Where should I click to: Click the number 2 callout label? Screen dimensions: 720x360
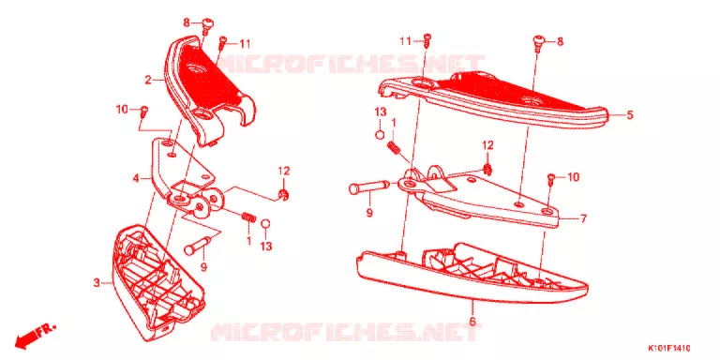pyautogui.click(x=148, y=81)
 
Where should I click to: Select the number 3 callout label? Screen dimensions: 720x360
pyautogui.click(x=97, y=283)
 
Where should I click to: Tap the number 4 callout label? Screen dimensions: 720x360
pyautogui.click(x=136, y=178)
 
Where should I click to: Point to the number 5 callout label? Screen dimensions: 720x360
pyautogui.click(x=630, y=114)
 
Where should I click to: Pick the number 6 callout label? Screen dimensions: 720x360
pyautogui.click(x=472, y=322)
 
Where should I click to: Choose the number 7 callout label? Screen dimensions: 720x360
pyautogui.click(x=583, y=219)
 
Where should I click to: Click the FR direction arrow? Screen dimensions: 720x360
pyautogui.click(x=35, y=336)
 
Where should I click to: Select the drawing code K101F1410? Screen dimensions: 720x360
pyautogui.click(x=669, y=348)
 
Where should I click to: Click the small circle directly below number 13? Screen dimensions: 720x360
pyautogui.click(x=381, y=135)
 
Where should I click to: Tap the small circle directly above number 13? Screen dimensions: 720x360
pyautogui.click(x=265, y=224)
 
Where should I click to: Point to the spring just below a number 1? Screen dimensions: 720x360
pyautogui.click(x=393, y=147)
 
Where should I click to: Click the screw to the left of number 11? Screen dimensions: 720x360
pyautogui.click(x=222, y=44)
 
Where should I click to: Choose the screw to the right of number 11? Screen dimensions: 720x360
pyautogui.click(x=427, y=40)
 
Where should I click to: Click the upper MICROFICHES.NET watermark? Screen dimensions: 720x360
pyautogui.click(x=352, y=64)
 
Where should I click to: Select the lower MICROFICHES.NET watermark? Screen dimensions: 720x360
pyautogui.click(x=348, y=331)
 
